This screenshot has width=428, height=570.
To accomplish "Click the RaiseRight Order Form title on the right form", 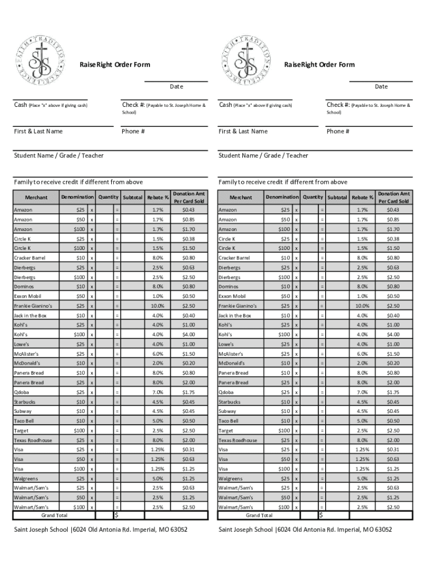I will click(319, 65).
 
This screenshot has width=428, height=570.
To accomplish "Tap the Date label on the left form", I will click(176, 87).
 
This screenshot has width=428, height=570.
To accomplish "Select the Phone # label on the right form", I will click(338, 131).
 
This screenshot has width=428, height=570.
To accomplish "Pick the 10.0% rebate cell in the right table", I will click(362, 306).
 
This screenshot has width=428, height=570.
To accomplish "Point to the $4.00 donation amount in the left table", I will click(188, 335).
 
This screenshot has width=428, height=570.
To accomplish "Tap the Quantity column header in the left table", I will click(108, 197).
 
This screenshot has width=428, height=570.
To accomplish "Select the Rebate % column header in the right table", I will click(362, 198).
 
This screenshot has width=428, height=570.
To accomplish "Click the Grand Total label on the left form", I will click(54, 515).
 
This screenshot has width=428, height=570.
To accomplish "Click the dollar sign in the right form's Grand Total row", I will click(321, 515).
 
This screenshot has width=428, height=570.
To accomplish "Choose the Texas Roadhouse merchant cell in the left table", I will click(33, 440).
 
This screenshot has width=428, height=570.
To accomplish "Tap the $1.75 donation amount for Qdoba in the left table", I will click(188, 392).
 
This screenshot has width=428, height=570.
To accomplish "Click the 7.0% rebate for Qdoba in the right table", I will click(362, 392).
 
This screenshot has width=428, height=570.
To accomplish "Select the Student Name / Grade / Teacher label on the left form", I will click(58, 156).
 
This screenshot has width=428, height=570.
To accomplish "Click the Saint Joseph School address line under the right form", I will click(305, 529).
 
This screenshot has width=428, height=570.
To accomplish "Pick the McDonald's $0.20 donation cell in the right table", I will click(393, 363).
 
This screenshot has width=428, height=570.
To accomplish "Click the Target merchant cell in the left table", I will click(23, 431).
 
